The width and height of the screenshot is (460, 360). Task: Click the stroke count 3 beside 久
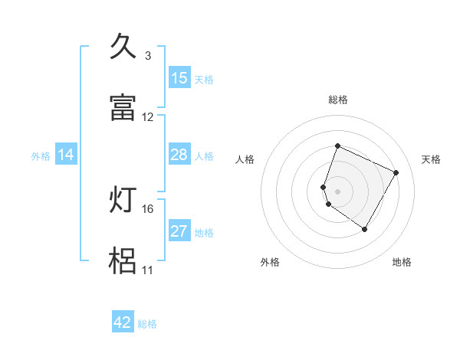(x=148, y=56)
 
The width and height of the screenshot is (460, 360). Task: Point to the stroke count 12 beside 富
(x=148, y=117)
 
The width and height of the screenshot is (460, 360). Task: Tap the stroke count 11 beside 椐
(x=147, y=270)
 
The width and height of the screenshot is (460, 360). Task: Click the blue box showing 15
(x=179, y=78)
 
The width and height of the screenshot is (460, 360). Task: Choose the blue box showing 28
(x=179, y=155)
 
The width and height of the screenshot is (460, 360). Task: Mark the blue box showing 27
(x=179, y=231)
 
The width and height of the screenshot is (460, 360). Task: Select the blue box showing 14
(x=66, y=155)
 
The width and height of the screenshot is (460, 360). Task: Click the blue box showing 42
(x=123, y=322)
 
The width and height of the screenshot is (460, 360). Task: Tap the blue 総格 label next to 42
(x=147, y=324)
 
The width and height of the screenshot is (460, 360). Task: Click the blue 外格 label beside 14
(x=41, y=156)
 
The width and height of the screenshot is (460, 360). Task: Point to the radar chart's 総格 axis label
(x=338, y=100)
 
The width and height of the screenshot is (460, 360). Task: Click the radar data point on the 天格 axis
(x=396, y=173)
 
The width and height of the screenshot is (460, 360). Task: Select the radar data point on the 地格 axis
(x=365, y=230)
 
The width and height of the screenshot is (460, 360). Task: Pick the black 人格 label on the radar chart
(x=245, y=159)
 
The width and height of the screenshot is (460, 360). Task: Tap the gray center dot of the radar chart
(x=338, y=191)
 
